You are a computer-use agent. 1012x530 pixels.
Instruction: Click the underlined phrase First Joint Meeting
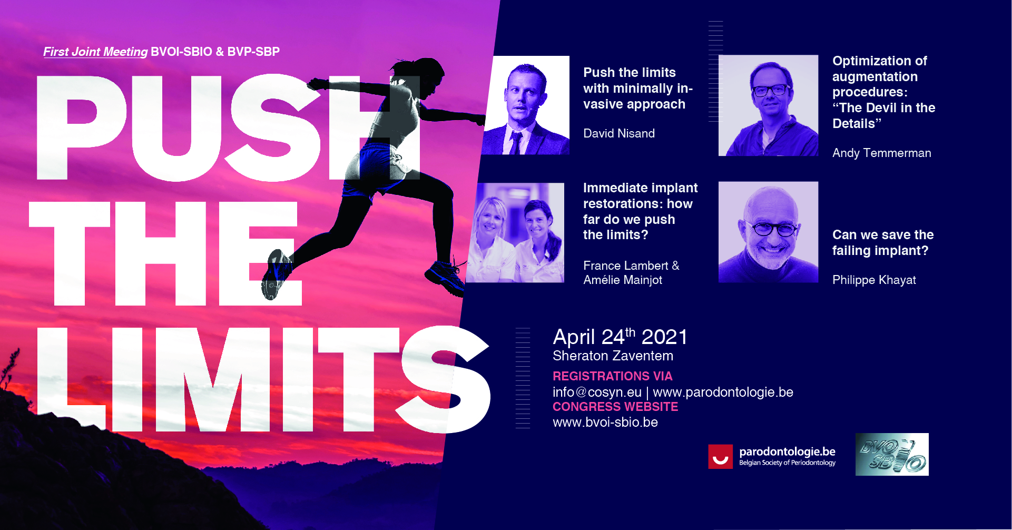point(95,52)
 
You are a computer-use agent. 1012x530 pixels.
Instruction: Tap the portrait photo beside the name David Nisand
point(526,105)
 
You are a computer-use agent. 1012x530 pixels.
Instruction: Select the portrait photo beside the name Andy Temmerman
point(768,105)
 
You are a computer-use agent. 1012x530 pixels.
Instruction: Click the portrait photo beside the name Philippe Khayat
point(768,232)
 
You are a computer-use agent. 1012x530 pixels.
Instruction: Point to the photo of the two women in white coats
point(515,232)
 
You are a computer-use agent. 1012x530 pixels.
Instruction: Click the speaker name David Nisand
point(619,133)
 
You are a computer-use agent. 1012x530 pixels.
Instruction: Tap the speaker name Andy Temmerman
point(881,153)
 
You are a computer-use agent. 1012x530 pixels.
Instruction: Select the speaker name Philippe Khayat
point(874,280)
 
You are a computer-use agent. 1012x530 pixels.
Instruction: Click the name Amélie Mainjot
point(623,280)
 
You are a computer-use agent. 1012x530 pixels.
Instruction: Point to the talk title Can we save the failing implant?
point(883,242)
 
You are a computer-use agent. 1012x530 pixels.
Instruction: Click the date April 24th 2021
point(620,337)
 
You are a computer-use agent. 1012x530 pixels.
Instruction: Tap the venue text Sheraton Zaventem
point(613,356)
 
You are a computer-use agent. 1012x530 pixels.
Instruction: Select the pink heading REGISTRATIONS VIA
point(612,376)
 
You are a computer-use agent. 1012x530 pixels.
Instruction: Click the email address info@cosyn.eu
point(597,392)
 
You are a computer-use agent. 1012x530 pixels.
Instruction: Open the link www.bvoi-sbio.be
point(605,422)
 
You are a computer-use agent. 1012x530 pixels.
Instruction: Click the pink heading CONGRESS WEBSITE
point(615,407)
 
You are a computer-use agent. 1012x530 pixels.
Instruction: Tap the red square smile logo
point(720,456)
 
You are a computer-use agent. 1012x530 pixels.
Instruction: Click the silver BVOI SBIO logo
point(892,454)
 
